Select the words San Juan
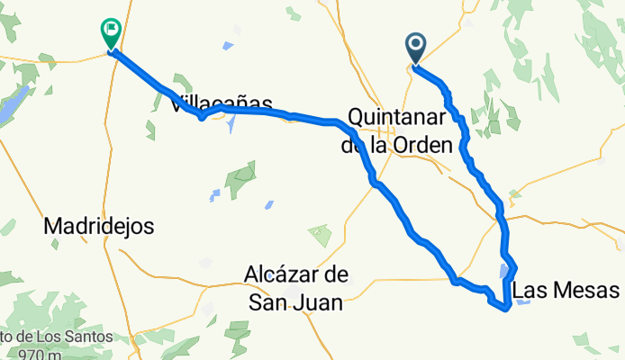click(295, 303)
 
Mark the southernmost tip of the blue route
click(508, 309)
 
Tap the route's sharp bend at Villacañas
click(203, 116)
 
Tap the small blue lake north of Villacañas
click(229, 45)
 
